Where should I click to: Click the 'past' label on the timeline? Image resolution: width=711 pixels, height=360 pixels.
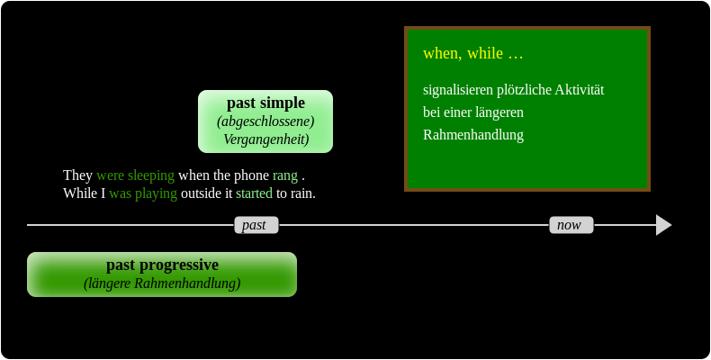pyautogui.click(x=256, y=225)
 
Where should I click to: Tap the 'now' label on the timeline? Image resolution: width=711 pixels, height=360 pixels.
pyautogui.click(x=571, y=225)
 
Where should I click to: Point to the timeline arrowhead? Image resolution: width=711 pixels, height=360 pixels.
pyautogui.click(x=663, y=225)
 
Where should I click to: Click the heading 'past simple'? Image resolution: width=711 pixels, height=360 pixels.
pyautogui.click(x=265, y=103)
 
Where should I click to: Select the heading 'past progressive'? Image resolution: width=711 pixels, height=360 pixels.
pyautogui.click(x=162, y=265)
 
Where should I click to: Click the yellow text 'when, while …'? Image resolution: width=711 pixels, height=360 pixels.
pyautogui.click(x=472, y=53)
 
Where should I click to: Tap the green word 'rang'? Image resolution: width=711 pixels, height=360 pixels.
pyautogui.click(x=285, y=175)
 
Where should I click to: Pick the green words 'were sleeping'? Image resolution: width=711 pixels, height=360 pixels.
pyautogui.click(x=135, y=175)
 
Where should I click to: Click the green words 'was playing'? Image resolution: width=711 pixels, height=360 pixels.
pyautogui.click(x=143, y=193)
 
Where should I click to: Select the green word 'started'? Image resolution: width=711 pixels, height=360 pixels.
pyautogui.click(x=254, y=193)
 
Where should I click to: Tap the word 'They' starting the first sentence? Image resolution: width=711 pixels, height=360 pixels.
pyautogui.click(x=77, y=175)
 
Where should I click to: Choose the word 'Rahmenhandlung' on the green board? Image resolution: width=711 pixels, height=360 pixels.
pyautogui.click(x=473, y=135)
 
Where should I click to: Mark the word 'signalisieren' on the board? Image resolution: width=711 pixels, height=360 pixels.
pyautogui.click(x=458, y=90)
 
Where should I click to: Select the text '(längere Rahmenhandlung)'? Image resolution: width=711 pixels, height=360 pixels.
pyautogui.click(x=162, y=283)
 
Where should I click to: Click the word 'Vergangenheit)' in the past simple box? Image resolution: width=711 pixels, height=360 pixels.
pyautogui.click(x=265, y=139)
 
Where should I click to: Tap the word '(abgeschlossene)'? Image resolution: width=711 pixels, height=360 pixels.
pyautogui.click(x=265, y=121)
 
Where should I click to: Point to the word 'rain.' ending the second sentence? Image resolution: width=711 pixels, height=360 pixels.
pyautogui.click(x=303, y=193)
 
